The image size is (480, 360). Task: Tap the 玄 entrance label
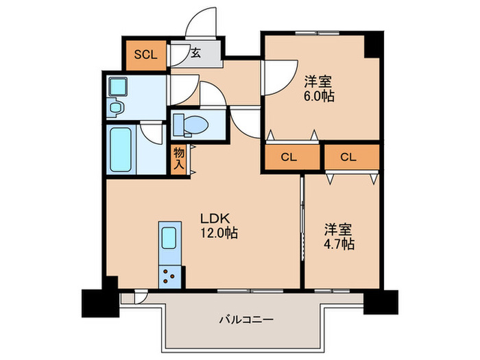click(195, 53)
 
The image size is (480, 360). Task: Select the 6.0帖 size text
click(320, 97)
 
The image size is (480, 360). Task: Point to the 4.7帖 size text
click(339, 243)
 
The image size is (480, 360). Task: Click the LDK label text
click(212, 219)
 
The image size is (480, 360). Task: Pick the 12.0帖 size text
click(219, 233)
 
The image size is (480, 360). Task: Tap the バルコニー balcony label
click(246, 320)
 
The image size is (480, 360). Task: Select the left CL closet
click(289, 157)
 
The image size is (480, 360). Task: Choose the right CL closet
click(349, 157)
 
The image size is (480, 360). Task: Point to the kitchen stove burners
click(169, 276)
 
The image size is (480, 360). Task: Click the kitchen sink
click(169, 238)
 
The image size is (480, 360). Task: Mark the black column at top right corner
click(374, 45)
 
